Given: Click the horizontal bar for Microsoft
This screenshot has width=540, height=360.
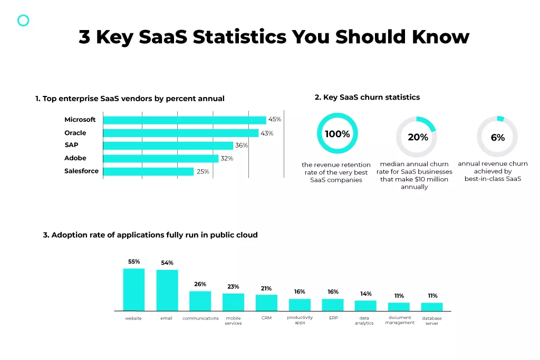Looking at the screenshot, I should click(185, 120).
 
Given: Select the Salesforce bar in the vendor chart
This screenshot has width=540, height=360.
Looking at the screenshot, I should click(148, 171).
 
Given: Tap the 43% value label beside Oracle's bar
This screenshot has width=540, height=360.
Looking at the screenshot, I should click(267, 133).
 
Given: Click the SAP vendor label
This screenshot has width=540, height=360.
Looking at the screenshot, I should click(72, 145).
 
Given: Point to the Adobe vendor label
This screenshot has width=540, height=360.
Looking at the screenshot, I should click(75, 158).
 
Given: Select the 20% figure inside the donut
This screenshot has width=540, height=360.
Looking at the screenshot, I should click(418, 137).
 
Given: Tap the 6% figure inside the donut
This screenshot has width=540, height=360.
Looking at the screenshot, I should click(497, 138).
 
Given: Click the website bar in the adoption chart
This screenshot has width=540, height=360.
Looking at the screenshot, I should click(133, 289).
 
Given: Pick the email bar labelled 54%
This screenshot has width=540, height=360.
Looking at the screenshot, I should click(167, 290).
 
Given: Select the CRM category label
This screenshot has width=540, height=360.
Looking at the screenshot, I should click(266, 318).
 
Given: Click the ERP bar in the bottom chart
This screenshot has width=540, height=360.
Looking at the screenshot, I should click(333, 305).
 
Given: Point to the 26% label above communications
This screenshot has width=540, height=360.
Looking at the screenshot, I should click(200, 284).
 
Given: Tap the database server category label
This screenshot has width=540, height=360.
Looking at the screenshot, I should click(431, 320).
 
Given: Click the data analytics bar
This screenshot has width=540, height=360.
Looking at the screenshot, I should click(365, 305).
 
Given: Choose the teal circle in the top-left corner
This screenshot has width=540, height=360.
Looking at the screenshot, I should click(23, 21).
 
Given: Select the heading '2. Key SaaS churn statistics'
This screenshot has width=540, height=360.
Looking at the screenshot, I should click(367, 97).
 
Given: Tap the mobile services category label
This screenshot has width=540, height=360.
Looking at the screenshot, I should click(233, 320).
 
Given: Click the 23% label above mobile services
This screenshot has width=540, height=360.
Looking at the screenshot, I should click(233, 287).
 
